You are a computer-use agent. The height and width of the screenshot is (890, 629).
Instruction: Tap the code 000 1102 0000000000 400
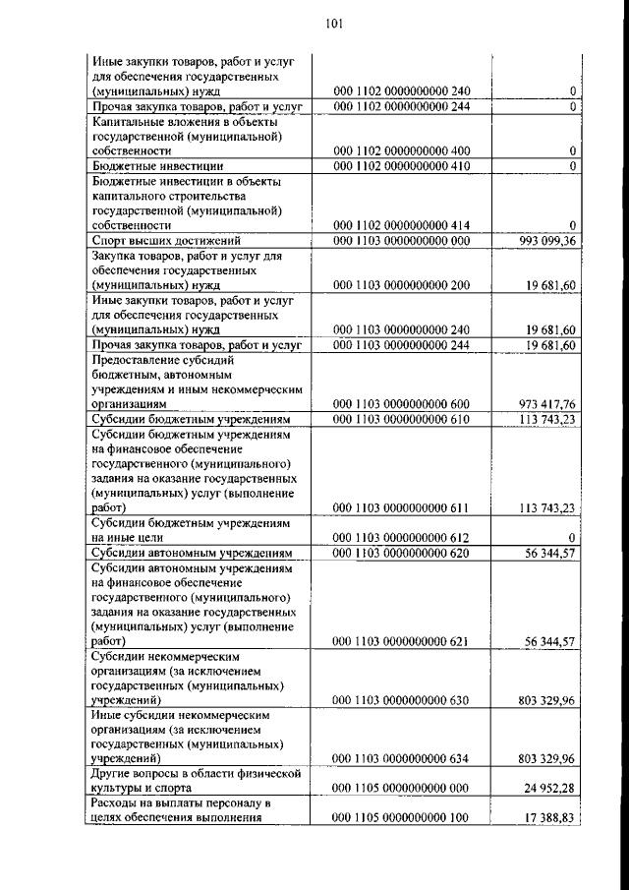402,151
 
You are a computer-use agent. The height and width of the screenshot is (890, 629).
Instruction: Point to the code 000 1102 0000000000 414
402,225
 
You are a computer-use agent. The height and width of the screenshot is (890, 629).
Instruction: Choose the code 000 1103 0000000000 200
402,285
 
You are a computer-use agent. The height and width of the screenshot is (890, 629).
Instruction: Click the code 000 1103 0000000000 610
402,420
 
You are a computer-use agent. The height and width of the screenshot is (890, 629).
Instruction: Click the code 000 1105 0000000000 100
402,819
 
